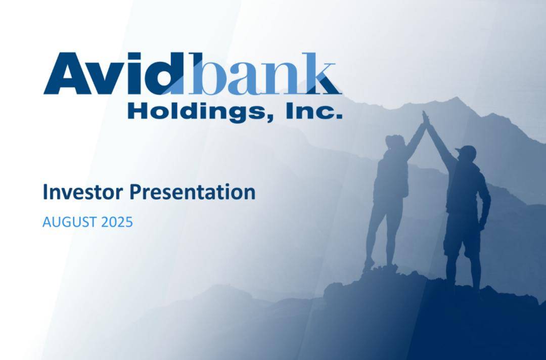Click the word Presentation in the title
tap(193, 192)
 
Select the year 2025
tap(117, 222)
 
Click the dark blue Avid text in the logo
tap(114, 73)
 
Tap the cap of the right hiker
tap(466, 151)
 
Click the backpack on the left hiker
tap(404, 179)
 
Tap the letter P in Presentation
tap(135, 192)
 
